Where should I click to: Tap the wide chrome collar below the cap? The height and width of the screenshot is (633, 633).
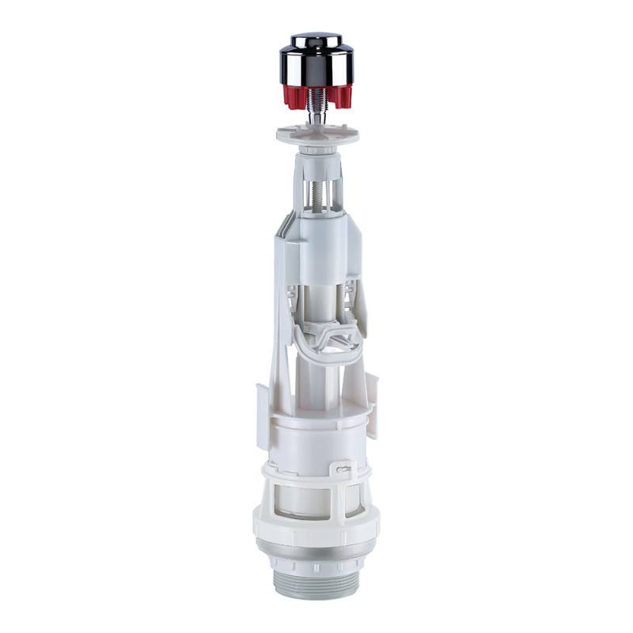pos(316,67)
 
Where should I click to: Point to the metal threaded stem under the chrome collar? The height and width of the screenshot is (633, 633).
pos(316,103)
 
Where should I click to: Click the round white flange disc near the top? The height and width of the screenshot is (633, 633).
pos(316,131)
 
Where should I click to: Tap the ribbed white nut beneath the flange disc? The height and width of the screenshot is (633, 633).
pos(316,148)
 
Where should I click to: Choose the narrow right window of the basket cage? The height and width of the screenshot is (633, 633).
pos(354,498)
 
